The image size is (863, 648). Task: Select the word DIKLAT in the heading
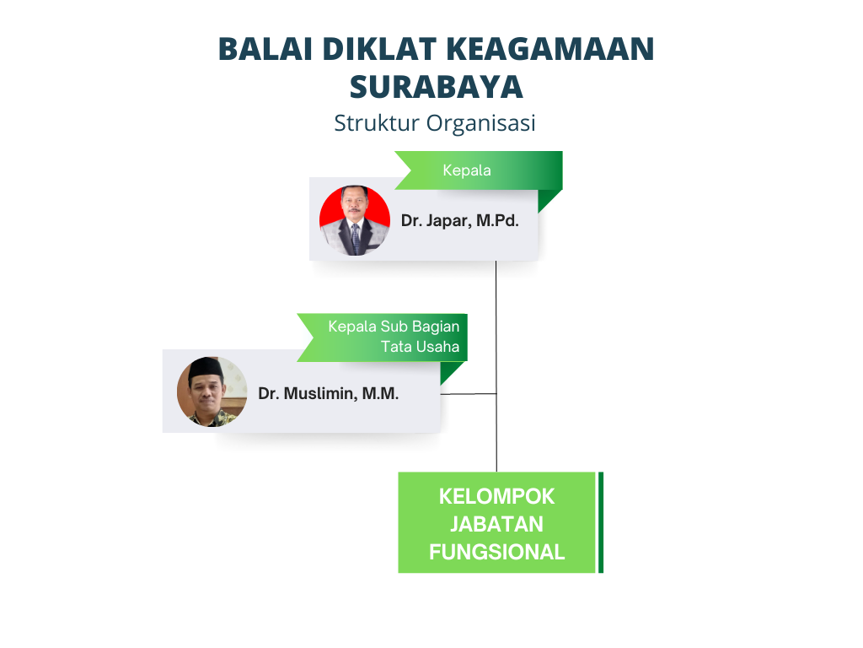379,48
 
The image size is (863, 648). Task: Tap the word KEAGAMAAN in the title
550,48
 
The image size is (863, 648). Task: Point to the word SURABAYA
437,87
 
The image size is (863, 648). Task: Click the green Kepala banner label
467,170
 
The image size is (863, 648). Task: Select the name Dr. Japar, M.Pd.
459,220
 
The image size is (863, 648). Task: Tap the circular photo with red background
355,220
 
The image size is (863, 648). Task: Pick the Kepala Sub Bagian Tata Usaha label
394,336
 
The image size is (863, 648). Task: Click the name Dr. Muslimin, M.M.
328,393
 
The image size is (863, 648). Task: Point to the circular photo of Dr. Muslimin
212,391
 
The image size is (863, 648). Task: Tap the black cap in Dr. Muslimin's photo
206,368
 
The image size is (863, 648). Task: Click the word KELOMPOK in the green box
496,496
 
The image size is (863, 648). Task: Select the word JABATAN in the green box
496,524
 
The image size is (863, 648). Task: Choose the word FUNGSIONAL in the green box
496,552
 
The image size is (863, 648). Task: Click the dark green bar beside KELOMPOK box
600,522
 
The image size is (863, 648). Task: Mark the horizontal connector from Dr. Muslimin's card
469,394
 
